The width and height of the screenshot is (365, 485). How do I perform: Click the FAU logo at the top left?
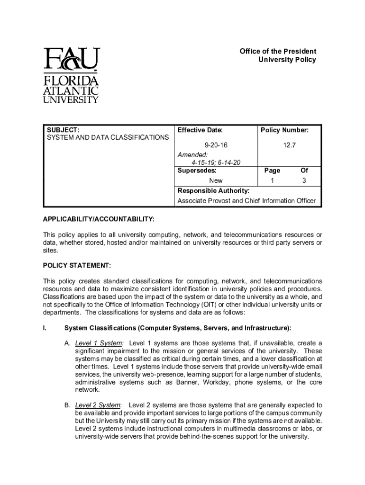71,75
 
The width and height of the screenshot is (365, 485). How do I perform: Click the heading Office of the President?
278,51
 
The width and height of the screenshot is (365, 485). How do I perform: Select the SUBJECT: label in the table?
63,130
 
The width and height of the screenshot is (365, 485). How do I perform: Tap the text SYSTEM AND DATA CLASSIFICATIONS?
107,138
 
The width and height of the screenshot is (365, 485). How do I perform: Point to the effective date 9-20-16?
213,146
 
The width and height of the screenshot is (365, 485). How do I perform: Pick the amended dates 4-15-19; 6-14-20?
216,162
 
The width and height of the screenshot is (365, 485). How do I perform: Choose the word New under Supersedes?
216,180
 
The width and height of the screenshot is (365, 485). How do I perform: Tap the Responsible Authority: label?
213,191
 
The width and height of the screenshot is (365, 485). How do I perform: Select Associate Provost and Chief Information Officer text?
246,201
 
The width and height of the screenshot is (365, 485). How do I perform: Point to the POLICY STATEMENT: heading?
77,266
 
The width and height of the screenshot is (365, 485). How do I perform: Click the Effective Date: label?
200,130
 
